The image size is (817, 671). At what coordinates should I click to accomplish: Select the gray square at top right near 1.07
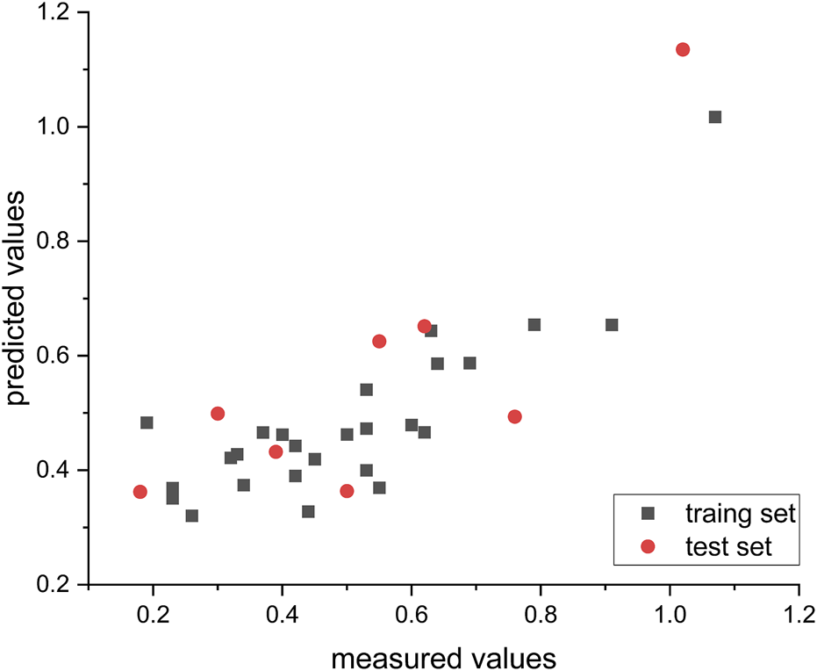coord(715,117)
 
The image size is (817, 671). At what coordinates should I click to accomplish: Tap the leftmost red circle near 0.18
coord(140,492)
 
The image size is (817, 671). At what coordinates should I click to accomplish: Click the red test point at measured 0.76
coord(515,416)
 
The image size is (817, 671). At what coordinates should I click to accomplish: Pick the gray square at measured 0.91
coord(612,325)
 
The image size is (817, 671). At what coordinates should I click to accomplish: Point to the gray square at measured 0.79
coord(534,325)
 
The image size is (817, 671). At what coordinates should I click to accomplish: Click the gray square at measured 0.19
coord(147,422)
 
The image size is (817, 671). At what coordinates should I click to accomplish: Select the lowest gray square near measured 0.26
coord(191,516)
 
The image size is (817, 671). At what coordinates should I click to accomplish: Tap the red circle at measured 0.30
coord(218,414)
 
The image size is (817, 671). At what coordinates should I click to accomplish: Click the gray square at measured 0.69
coord(469,363)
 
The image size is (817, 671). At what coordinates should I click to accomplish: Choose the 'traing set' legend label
coord(739,514)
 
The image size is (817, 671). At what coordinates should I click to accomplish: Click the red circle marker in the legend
coord(649,547)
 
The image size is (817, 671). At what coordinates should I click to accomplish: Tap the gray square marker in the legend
coord(649,514)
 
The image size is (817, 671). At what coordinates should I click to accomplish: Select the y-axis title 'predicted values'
coord(21,299)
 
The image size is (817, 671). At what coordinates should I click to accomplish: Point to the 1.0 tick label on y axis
coord(58,127)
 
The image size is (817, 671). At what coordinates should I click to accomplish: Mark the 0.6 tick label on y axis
coord(58,356)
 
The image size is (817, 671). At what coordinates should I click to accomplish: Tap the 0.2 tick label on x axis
coord(153,610)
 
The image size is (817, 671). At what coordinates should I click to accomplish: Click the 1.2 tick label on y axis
coord(58,14)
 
